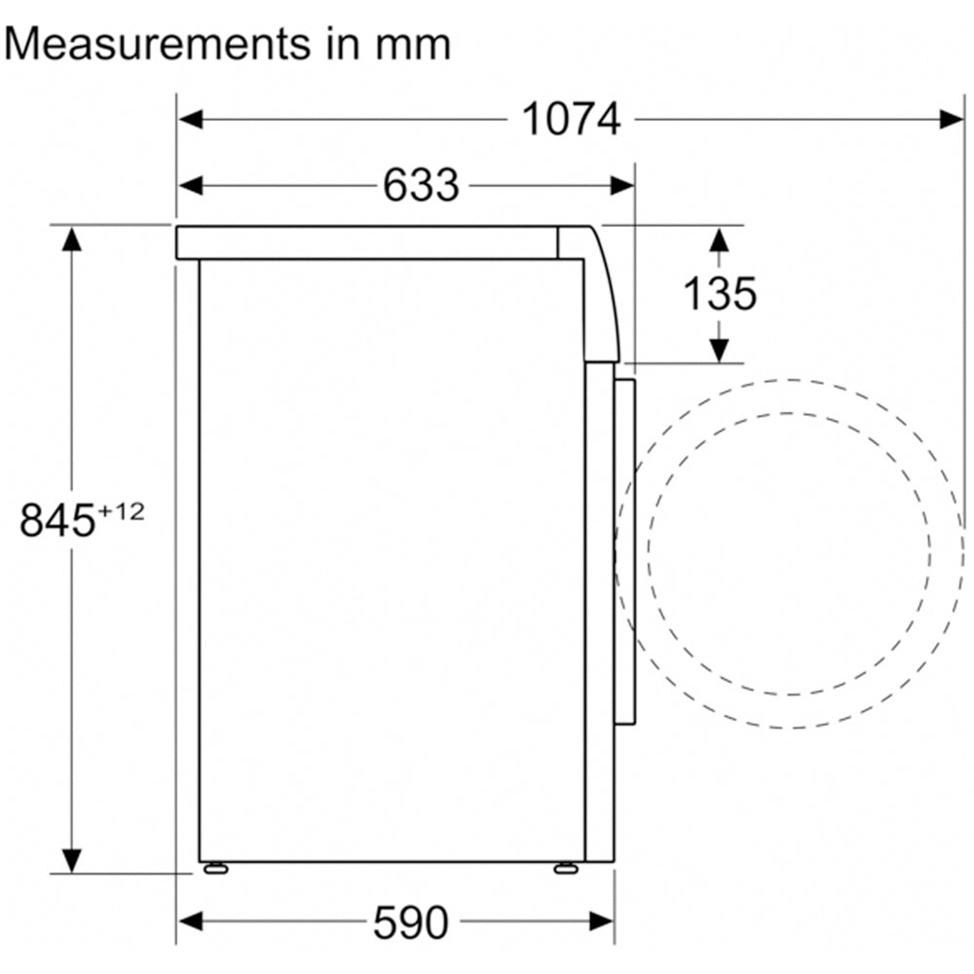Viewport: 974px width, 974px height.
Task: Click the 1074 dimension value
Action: (x=572, y=119)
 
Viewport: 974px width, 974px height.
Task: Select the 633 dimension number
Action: (x=421, y=185)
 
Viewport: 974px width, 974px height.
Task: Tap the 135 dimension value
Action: (x=720, y=293)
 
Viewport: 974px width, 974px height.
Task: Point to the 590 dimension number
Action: (x=411, y=922)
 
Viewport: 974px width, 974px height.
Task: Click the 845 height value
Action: (x=57, y=520)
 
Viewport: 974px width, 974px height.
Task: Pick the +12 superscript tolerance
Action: (x=121, y=512)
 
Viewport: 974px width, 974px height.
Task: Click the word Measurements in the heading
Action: (x=157, y=45)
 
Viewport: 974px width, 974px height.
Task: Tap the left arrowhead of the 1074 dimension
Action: (x=190, y=119)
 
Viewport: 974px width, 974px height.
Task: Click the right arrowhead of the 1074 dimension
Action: (x=952, y=119)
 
